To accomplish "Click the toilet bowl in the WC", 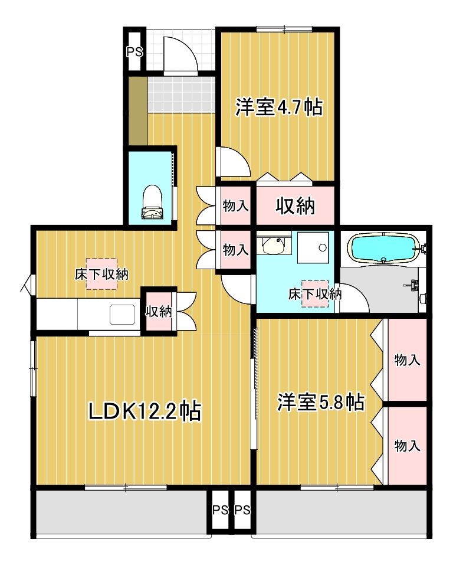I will [152, 201].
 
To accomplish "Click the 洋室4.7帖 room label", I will [278, 107].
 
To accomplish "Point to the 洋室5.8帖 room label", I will [320, 403].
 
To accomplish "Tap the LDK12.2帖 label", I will [145, 411].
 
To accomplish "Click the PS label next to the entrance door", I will [134, 52].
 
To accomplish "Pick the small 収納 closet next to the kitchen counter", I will [158, 311].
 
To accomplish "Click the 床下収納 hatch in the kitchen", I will [101, 274].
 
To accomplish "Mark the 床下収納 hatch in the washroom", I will [315, 293].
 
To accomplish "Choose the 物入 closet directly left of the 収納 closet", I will [235, 206].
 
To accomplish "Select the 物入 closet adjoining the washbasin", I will [235, 250].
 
